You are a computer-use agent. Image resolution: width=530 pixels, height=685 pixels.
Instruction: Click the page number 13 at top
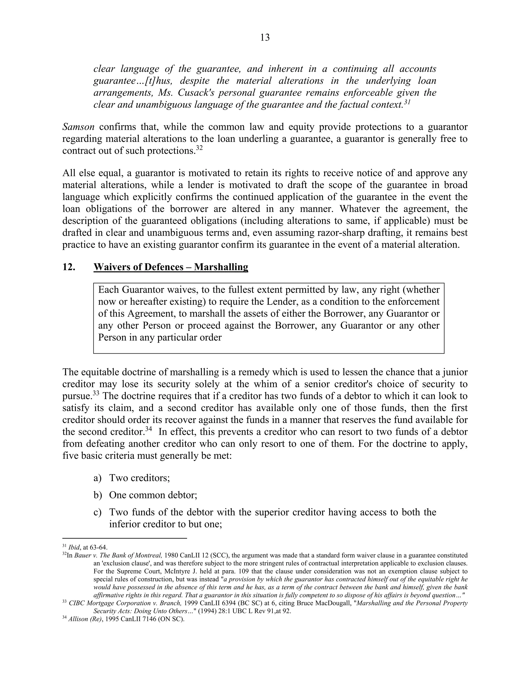265,38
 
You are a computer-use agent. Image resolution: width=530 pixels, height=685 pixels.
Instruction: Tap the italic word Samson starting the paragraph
78,127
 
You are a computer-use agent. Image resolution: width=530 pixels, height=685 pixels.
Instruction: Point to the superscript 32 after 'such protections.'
199,148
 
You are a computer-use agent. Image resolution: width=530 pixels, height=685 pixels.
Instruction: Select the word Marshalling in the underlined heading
221,267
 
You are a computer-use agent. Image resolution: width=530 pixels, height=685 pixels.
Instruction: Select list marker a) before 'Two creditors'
97,478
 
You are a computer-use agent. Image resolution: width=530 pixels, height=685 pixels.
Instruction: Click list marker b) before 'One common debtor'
98,495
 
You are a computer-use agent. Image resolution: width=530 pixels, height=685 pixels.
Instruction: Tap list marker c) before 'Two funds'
97,512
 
